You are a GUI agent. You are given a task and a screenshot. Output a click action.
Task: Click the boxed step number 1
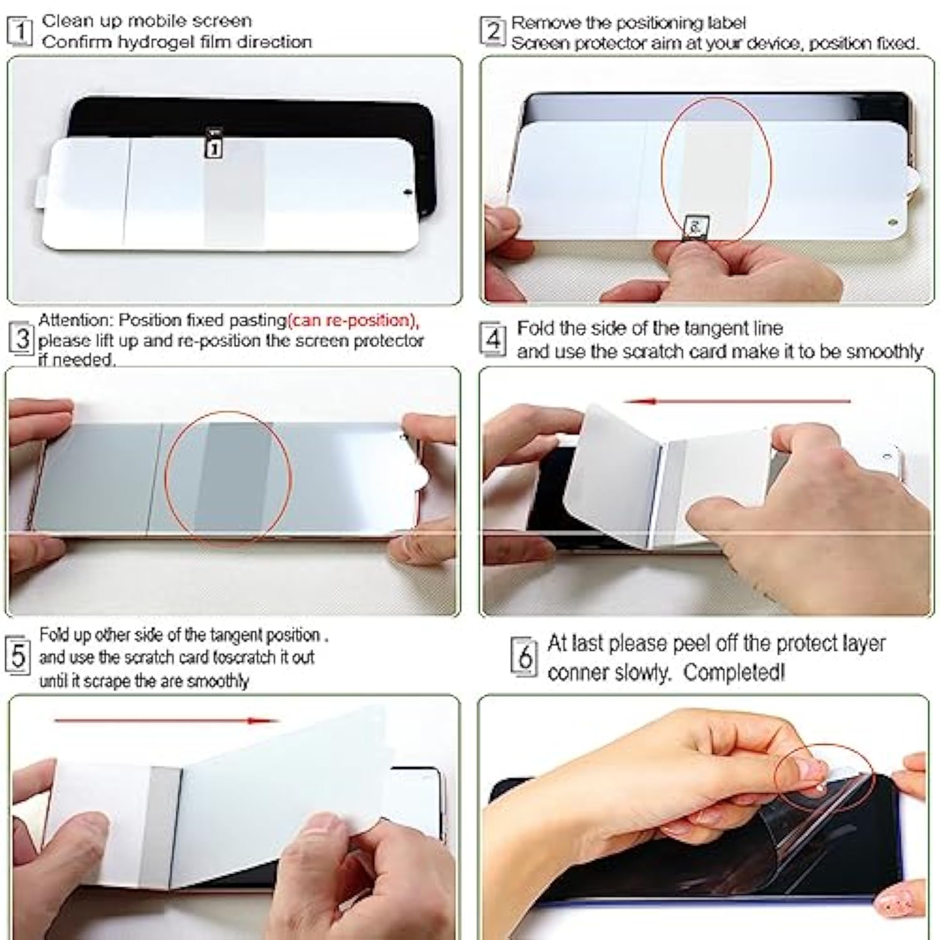pyautogui.click(x=19, y=31)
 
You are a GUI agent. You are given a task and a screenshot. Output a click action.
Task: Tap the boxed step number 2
pyautogui.click(x=493, y=31)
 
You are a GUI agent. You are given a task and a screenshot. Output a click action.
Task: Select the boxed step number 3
pyautogui.click(x=22, y=339)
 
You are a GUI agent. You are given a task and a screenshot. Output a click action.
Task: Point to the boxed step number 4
pyautogui.click(x=493, y=340)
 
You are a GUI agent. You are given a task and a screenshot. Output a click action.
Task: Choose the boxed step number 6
pyautogui.click(x=525, y=657)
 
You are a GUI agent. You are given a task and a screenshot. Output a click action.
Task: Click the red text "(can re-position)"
pyautogui.click(x=353, y=320)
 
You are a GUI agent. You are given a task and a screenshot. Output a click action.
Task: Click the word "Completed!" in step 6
pyautogui.click(x=733, y=672)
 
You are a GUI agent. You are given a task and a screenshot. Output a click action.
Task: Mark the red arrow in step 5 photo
pyautogui.click(x=166, y=721)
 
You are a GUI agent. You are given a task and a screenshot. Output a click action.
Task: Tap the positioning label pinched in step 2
pyautogui.click(x=695, y=226)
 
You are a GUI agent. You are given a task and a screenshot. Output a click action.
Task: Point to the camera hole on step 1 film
pyautogui.click(x=409, y=191)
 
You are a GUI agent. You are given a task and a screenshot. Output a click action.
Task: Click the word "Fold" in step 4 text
pyautogui.click(x=536, y=328)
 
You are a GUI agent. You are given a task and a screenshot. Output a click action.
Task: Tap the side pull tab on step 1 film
pyautogui.click(x=39, y=191)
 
